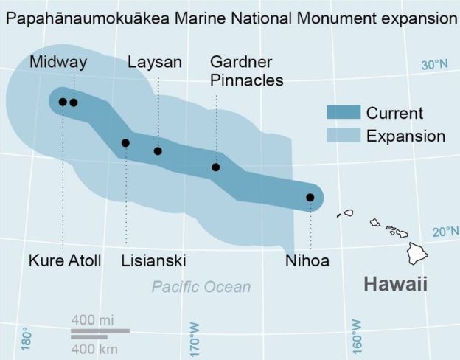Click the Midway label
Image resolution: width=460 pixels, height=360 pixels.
tap(57, 63)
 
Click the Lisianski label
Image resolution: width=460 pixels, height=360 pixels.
tap(153, 261)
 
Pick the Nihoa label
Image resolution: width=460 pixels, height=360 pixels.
tap(307, 261)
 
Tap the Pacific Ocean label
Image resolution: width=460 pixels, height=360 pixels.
tap(201, 287)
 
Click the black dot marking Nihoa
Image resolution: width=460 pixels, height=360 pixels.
tap(310, 198)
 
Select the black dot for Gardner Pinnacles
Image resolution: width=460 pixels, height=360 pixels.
tap(216, 167)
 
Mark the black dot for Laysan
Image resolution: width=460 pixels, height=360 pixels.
tap(158, 151)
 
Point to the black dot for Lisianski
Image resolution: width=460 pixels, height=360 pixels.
tap(125, 143)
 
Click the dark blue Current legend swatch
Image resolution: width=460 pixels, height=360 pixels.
tap(344, 113)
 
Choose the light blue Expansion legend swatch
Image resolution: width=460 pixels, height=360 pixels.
tap(344, 136)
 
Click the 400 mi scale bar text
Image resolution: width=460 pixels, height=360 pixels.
tap(93, 320)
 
